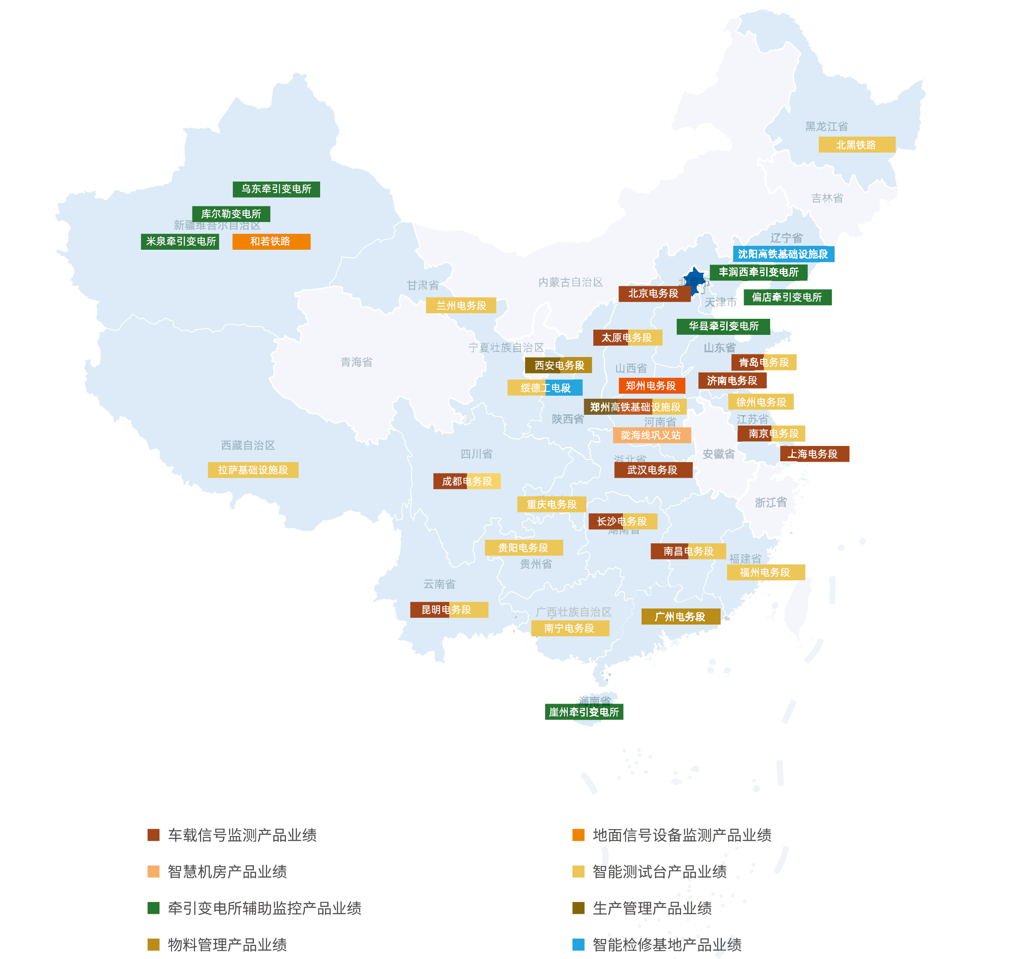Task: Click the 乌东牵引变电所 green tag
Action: [x=276, y=189]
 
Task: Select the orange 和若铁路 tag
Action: [x=271, y=241]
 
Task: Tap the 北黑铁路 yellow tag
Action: [x=857, y=145]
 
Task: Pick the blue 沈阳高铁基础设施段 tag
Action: [x=783, y=254]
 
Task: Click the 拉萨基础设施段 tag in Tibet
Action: [x=253, y=470]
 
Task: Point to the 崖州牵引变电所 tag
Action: [x=584, y=711]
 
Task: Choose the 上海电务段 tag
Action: [x=814, y=453]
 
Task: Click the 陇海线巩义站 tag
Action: [x=652, y=435]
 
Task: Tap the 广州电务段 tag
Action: [x=680, y=616]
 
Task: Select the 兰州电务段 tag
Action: [x=461, y=305]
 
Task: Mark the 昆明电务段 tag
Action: [x=449, y=609]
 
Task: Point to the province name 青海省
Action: [x=356, y=362]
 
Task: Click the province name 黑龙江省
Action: [x=826, y=126]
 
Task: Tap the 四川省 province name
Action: [x=476, y=453]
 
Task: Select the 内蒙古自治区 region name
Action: [x=570, y=282]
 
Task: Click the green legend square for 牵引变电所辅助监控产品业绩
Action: [x=153, y=908]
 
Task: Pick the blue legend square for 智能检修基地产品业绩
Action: [x=578, y=944]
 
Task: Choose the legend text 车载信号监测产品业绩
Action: [x=242, y=835]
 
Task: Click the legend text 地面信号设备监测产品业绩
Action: [x=682, y=835]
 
